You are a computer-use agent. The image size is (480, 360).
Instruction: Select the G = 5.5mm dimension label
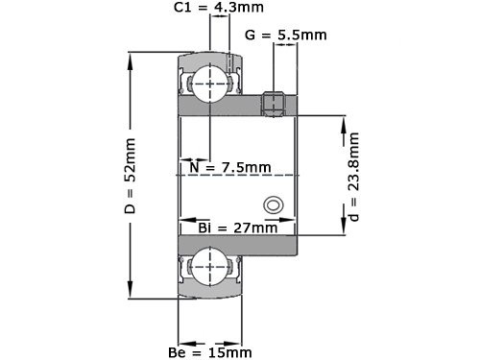tap(286, 36)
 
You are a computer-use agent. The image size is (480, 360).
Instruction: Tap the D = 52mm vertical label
tap(131, 177)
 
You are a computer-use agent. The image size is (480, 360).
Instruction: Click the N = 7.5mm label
tap(230, 167)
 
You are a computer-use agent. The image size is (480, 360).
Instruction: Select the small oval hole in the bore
tap(273, 204)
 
